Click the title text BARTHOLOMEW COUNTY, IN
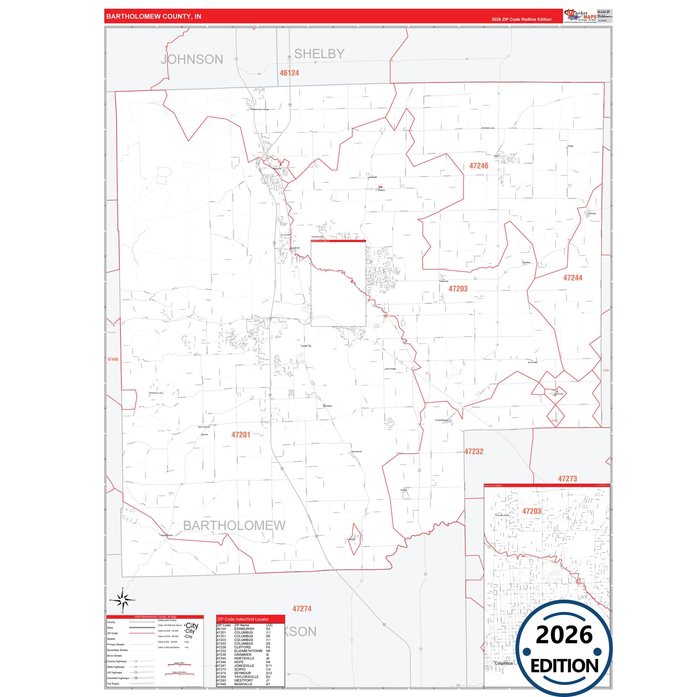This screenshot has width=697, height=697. click(x=153, y=16)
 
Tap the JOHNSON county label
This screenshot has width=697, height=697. click(x=192, y=59)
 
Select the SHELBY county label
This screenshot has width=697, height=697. click(x=319, y=54)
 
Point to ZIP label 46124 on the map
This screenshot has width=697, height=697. click(x=289, y=73)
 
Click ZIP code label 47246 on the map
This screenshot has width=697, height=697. click(x=478, y=166)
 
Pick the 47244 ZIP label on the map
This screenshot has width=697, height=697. click(x=573, y=278)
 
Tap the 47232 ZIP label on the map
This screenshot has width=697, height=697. click(x=474, y=451)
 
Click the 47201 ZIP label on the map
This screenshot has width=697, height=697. click(x=241, y=435)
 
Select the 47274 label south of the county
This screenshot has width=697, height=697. click(x=302, y=609)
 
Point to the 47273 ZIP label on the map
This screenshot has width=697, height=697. click(x=567, y=478)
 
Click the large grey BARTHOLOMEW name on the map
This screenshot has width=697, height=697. click(x=234, y=525)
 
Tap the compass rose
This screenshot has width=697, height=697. click(x=123, y=601)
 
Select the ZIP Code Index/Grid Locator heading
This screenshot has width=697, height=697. click(x=243, y=619)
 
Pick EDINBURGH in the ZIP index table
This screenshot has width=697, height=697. click(x=244, y=629)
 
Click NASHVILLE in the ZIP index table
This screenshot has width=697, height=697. click(x=243, y=684)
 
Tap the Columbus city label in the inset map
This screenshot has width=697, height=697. click(x=504, y=663)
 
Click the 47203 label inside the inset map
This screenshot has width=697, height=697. click(x=532, y=511)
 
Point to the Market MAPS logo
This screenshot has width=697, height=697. click(x=580, y=15)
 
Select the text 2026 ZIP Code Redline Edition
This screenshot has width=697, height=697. click(x=521, y=19)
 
